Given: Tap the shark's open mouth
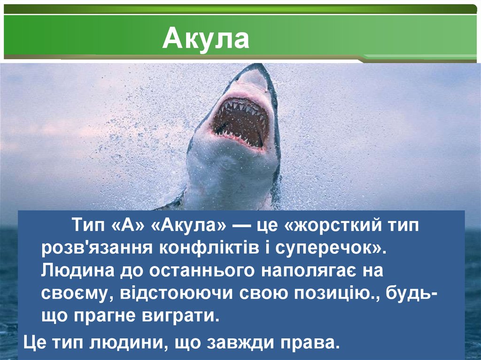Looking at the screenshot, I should click(x=240, y=122).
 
